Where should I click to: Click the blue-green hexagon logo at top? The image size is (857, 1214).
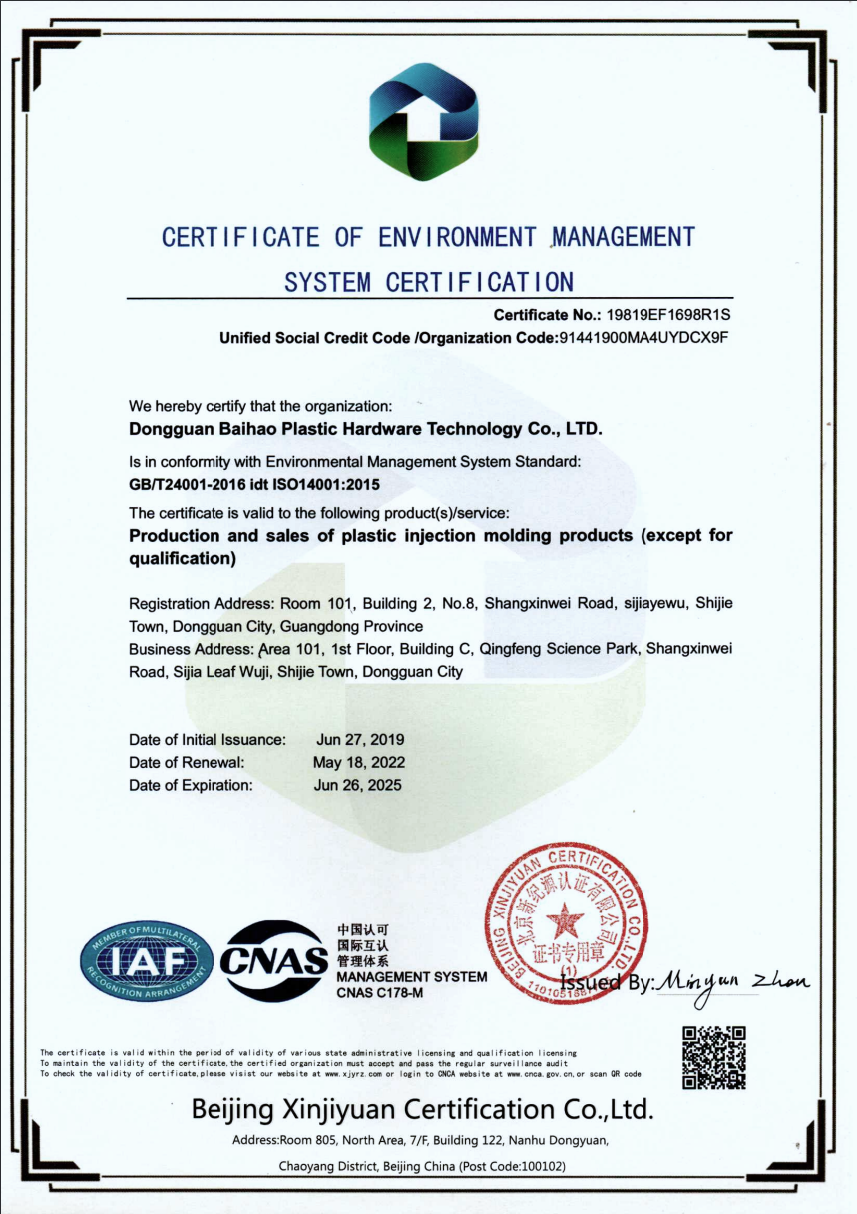pyautogui.click(x=424, y=122)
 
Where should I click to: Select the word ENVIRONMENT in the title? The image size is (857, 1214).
pyautogui.click(x=458, y=238)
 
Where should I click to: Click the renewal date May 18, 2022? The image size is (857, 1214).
pyautogui.click(x=359, y=763)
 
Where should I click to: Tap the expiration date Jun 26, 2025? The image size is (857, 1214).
pyautogui.click(x=359, y=785)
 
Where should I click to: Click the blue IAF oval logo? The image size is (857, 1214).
pyautogui.click(x=147, y=962)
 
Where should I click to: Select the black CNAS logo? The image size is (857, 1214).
pyautogui.click(x=275, y=961)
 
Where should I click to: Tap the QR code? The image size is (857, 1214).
pyautogui.click(x=714, y=1056)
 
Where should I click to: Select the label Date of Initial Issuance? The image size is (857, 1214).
pyautogui.click(x=208, y=740)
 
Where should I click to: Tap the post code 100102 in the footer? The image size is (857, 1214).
pyautogui.click(x=543, y=1166)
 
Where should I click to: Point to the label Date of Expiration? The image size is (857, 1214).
pyautogui.click(x=191, y=785)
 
